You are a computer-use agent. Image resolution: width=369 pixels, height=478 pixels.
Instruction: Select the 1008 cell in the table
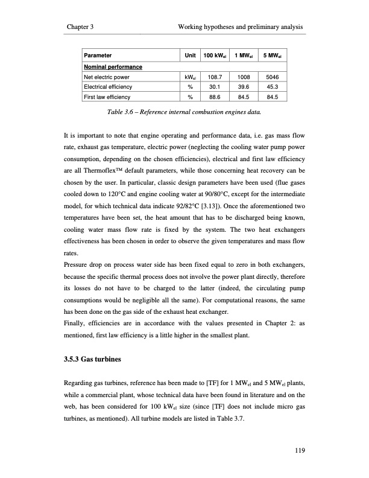click(x=244, y=77)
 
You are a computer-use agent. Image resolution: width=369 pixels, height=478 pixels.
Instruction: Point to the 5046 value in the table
click(x=272, y=77)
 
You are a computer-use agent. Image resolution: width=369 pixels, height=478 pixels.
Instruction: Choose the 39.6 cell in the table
click(x=244, y=86)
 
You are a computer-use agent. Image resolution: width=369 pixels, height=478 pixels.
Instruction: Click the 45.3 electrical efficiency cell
click(x=272, y=86)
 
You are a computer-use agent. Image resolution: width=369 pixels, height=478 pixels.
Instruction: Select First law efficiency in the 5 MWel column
click(x=272, y=96)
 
